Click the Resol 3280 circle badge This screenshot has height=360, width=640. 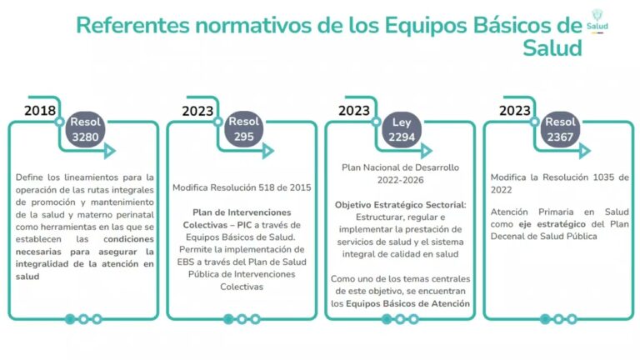pos(85,129)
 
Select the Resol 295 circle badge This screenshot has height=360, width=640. pos(243,129)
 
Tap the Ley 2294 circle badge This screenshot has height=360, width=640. pos(402,130)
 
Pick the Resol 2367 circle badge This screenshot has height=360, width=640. pos(560,130)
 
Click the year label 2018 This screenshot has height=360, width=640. pos(40,111)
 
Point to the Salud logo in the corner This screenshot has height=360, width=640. pos(597,21)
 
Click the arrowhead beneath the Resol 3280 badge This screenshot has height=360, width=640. pos(110,151)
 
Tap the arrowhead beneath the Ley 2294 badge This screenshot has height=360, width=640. pos(426,151)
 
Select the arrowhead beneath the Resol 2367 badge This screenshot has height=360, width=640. pos(584,151)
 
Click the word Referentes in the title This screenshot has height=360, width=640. pos(133,25)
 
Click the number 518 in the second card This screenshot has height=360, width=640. pos(266,187)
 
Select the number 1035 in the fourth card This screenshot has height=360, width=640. pos(603,177)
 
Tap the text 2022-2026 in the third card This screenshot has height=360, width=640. pos(400,180)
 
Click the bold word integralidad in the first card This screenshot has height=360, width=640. pos(42,264)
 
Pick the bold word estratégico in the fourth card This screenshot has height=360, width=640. pos(561,224)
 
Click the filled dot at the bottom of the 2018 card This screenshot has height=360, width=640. pos(70,319)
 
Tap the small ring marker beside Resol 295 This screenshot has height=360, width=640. pos(218,122)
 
